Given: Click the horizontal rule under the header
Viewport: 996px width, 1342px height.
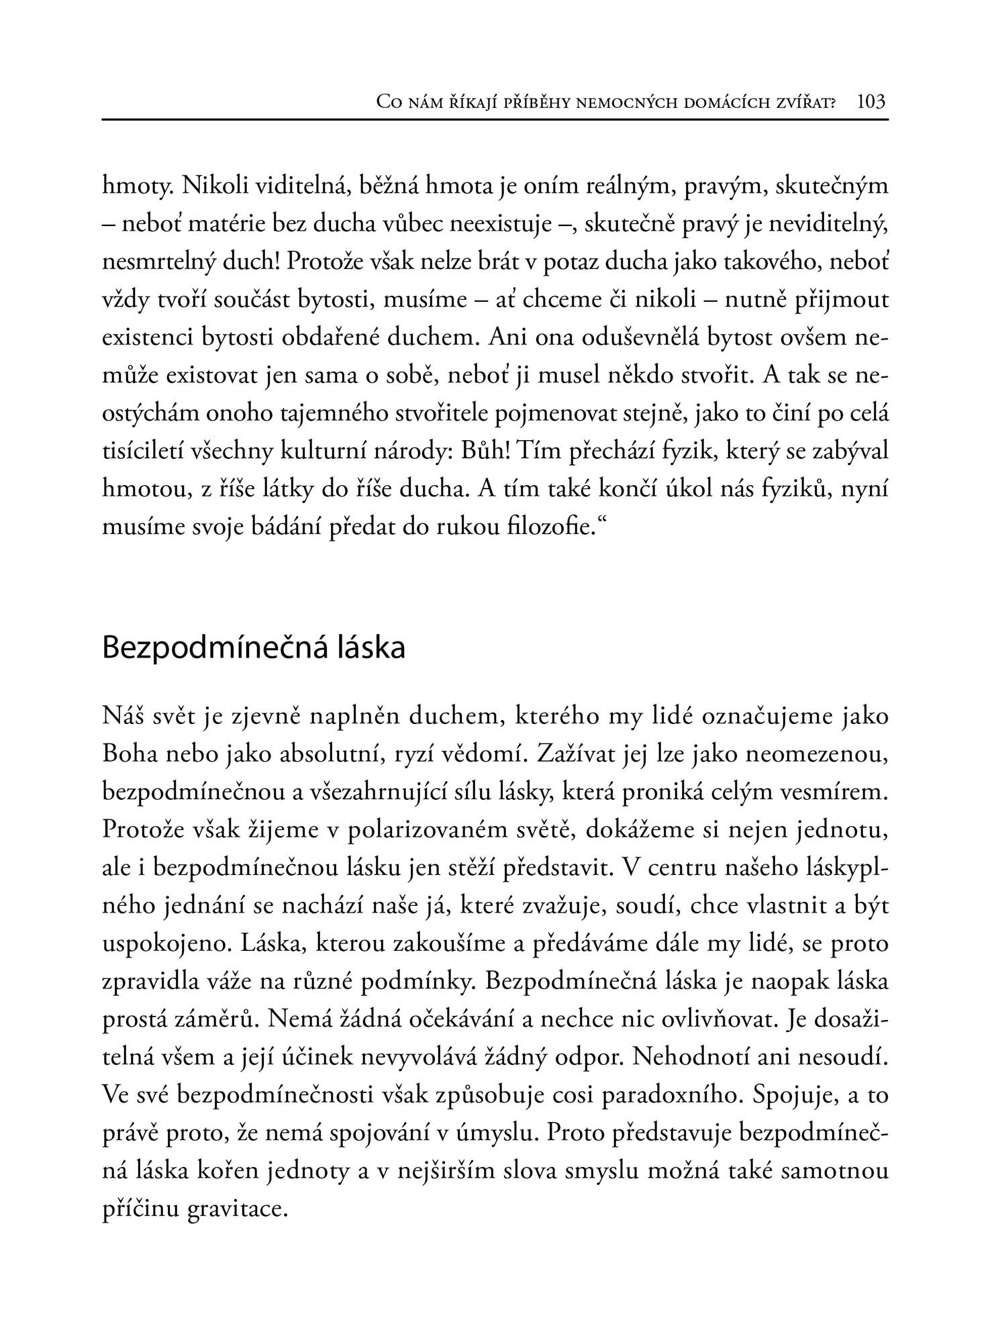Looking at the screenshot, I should [x=495, y=120].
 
